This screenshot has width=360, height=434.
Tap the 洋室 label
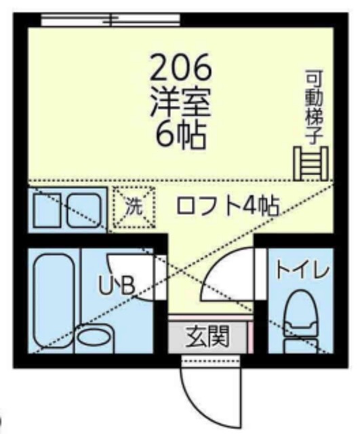(x=180, y=104)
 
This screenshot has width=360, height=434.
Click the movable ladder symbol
(x=310, y=163)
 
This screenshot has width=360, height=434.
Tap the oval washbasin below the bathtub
(x=95, y=337)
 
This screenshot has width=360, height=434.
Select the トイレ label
(x=302, y=272)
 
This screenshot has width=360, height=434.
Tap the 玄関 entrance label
(x=207, y=335)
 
